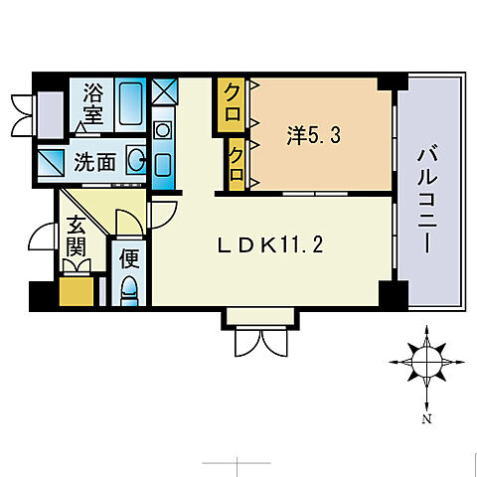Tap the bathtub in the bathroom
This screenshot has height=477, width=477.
point(127,104)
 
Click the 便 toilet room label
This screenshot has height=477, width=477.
point(129,260)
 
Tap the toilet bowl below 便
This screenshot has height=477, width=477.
point(129,290)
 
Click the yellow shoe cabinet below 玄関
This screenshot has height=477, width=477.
point(78,293)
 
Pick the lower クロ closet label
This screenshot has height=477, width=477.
point(237,161)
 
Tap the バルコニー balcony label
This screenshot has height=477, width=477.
point(430,199)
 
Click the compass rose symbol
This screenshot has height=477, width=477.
point(426,362)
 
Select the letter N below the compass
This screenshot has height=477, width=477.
point(426,418)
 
